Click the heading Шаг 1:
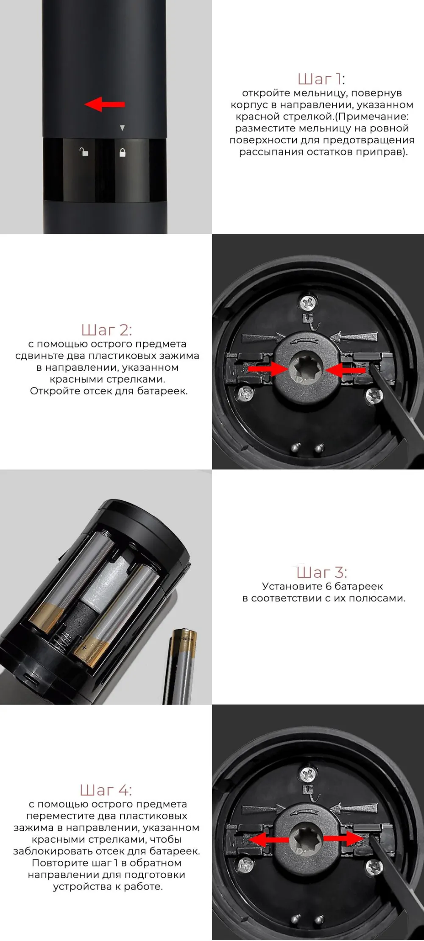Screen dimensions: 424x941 (321, 79)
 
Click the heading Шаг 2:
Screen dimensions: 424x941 (106, 330)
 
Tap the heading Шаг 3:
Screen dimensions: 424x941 (321, 572)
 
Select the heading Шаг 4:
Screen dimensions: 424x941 (106, 790)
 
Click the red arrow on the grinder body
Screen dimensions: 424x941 (105, 104)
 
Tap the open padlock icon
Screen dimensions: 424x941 (84, 151)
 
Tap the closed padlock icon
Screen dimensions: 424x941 (123, 152)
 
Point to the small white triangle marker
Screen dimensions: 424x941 (122, 128)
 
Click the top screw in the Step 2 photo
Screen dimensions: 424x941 (308, 303)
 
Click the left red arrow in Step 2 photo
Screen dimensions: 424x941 (268, 369)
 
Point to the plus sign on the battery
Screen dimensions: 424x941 (84, 647)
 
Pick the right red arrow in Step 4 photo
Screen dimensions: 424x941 (344, 838)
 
